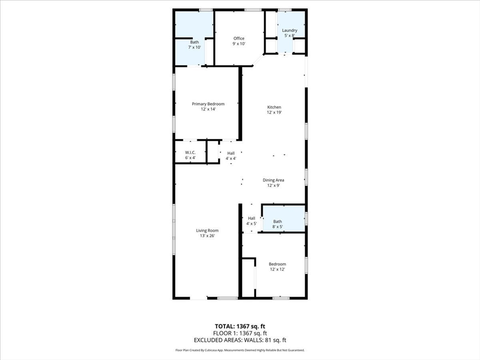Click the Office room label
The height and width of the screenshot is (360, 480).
pyautogui.click(x=239, y=38)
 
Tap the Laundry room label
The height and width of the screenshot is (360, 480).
pyautogui.click(x=290, y=30)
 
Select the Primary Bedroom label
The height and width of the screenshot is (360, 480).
pyautogui.click(x=208, y=104)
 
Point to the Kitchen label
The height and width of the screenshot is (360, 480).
pyautogui.click(x=274, y=107)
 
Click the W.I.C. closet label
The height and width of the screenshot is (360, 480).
pyautogui.click(x=190, y=152)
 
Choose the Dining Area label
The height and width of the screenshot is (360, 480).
pyautogui.click(x=273, y=180)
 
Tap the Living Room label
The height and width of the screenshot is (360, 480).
pyautogui.click(x=207, y=231)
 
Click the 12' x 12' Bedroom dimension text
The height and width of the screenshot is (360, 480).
pyautogui.click(x=277, y=270)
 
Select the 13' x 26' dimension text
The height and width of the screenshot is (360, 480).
pyautogui.click(x=207, y=236)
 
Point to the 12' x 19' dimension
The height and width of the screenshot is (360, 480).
pyautogui.click(x=274, y=112)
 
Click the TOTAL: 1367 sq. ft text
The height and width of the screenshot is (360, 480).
pyautogui.click(x=240, y=326)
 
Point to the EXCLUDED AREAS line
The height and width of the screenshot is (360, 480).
pyautogui.click(x=240, y=340)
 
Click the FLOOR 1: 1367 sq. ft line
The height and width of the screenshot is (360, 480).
pyautogui.click(x=240, y=333)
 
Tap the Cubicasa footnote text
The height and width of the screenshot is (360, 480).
pyautogui.click(x=240, y=350)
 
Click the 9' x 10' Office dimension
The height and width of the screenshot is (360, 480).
pyautogui.click(x=239, y=44)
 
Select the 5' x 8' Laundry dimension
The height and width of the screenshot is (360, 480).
pyautogui.click(x=290, y=36)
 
